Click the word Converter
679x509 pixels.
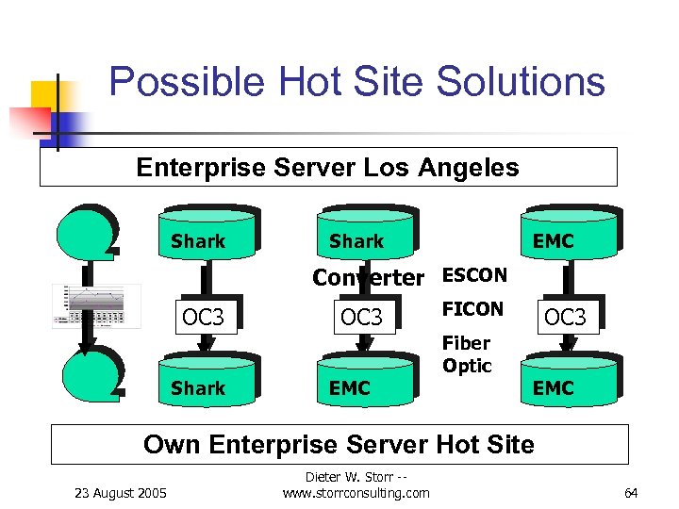368,277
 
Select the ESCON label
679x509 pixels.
474,275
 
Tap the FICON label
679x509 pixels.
472,309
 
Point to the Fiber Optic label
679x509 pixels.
467,354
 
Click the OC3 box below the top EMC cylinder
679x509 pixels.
566,318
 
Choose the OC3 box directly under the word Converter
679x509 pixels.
361,318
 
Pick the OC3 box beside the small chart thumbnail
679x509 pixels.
203,318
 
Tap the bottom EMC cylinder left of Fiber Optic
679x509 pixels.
364,382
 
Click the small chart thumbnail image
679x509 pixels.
96,305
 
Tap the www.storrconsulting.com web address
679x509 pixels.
356,493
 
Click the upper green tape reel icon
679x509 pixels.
86,232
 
